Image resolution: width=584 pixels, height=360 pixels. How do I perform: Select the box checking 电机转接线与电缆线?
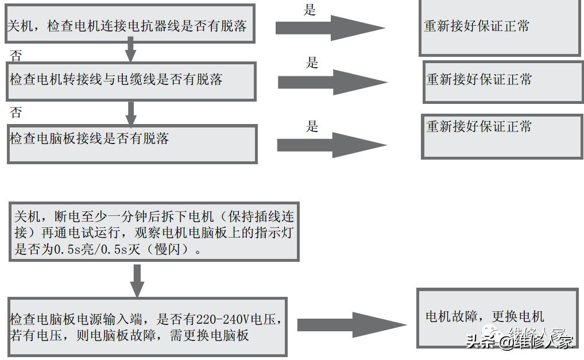pos(131,80)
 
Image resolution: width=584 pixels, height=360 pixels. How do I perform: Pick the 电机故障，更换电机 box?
pos(496,317)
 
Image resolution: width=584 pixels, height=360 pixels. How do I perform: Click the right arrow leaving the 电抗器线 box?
pos(330,27)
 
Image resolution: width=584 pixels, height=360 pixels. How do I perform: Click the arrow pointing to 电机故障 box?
pos(351,325)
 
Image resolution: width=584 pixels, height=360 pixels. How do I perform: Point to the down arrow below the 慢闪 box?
pos(137,280)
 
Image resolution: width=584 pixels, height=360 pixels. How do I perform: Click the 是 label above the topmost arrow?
pos(310,10)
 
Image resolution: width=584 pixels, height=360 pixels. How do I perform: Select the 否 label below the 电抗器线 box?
pos(16,56)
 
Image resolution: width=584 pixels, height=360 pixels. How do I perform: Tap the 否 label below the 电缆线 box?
pos(16,112)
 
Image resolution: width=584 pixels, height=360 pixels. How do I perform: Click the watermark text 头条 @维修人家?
pos(520,342)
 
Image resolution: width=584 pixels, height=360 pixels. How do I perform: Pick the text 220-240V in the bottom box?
pos(223,320)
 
